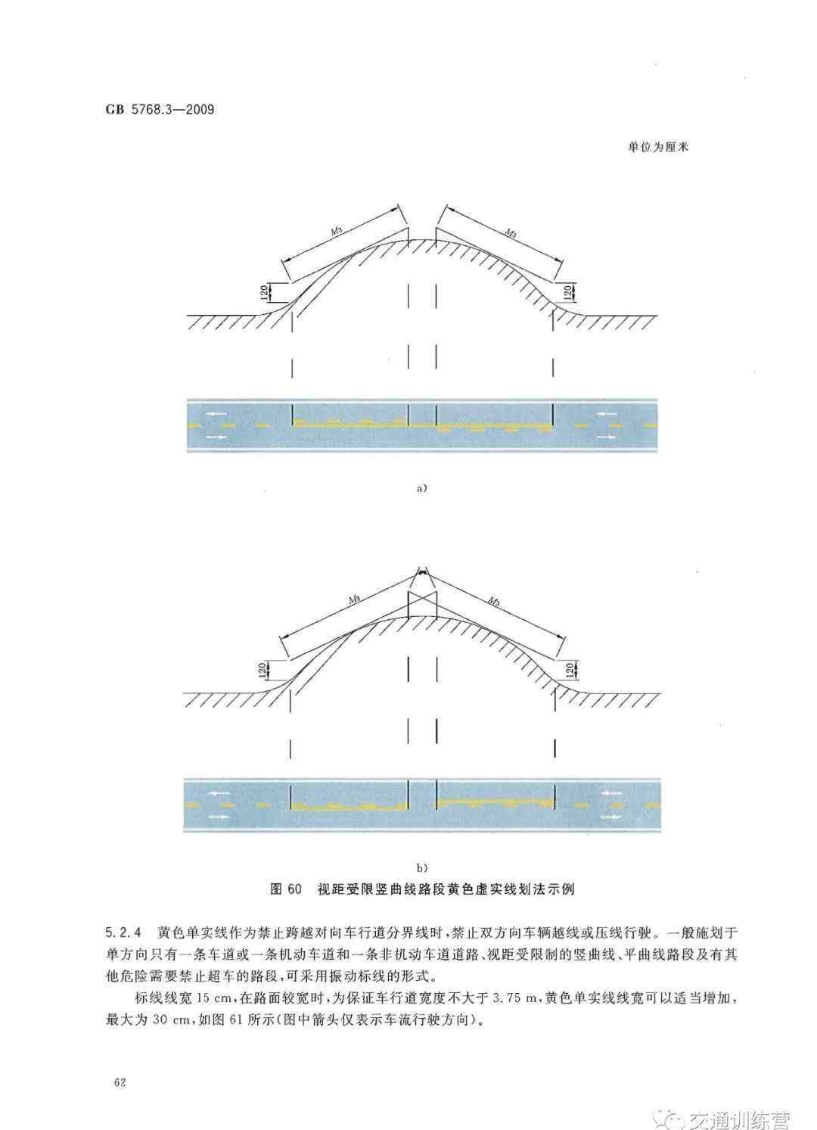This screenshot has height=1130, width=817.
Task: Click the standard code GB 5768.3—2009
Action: (160, 110)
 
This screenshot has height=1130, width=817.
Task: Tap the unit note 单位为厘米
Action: (658, 147)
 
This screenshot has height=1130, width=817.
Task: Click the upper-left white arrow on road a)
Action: (216, 415)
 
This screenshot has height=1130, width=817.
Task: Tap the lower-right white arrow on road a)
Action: (605, 437)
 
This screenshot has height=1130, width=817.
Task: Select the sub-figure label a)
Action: (421, 488)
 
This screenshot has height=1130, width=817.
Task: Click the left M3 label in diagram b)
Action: (353, 599)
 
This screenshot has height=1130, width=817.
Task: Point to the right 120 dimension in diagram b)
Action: (570, 671)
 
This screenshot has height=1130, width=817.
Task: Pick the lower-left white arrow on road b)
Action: (219, 817)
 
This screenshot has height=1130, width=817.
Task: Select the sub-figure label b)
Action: (421, 867)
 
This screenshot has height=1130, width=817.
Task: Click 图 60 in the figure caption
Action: (286, 889)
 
